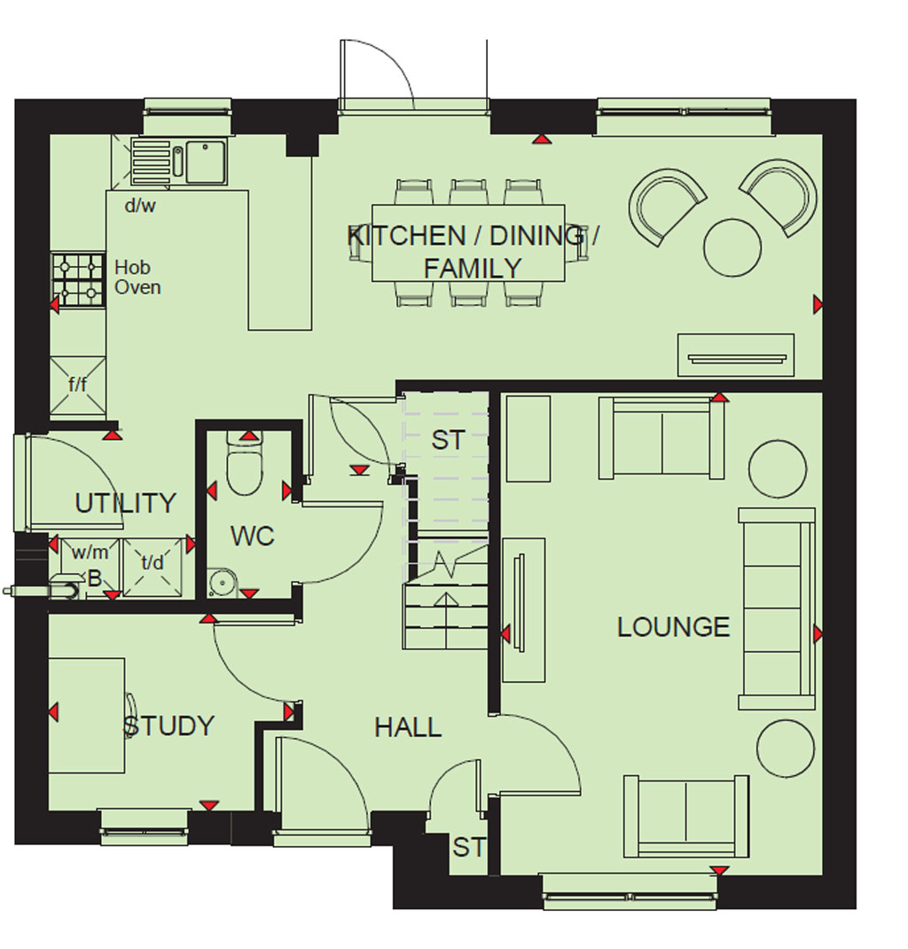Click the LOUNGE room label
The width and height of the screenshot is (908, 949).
[673, 627]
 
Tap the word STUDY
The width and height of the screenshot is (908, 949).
[168, 725]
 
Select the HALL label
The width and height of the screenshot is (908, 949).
[408, 727]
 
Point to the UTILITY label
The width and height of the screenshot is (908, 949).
[125, 503]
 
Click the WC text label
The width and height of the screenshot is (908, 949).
[252, 536]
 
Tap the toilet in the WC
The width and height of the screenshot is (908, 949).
[245, 463]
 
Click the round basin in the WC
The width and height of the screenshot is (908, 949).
[222, 582]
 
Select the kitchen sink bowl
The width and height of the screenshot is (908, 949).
[206, 161]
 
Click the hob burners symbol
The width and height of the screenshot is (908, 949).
[78, 279]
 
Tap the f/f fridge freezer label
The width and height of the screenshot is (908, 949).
[77, 384]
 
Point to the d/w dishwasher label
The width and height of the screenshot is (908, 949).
[140, 206]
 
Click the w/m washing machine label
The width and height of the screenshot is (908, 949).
[90, 552]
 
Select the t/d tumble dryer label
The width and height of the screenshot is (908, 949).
[152, 563]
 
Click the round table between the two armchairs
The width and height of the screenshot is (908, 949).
[732, 247]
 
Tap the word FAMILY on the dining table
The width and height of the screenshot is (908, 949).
[473, 268]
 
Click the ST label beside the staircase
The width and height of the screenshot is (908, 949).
[448, 440]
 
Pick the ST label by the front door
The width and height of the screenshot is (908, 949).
[469, 847]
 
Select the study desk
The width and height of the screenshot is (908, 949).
[87, 716]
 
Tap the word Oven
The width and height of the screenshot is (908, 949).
[138, 287]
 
